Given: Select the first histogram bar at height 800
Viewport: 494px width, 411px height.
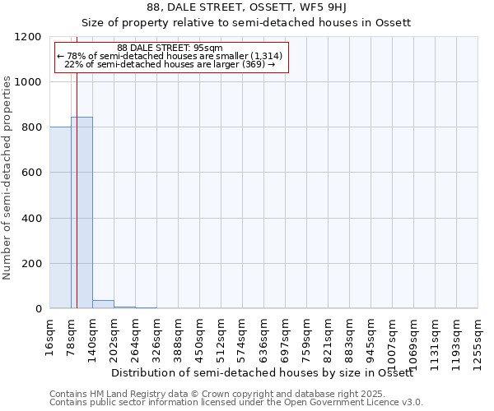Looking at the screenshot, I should [60, 218].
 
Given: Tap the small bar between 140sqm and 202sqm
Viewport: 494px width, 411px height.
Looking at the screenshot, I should [103, 304].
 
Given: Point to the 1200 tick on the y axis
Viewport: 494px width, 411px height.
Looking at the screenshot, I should [30, 37].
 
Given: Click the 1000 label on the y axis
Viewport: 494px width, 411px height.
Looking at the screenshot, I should [30, 82].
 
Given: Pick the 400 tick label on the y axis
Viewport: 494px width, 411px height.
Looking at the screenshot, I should [33, 219].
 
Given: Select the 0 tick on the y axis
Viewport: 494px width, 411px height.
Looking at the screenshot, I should [39, 309].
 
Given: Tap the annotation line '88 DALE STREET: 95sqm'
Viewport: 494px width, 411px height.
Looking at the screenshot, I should [170, 48].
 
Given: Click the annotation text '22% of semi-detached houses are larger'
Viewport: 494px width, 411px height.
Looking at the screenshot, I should [169, 63].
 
